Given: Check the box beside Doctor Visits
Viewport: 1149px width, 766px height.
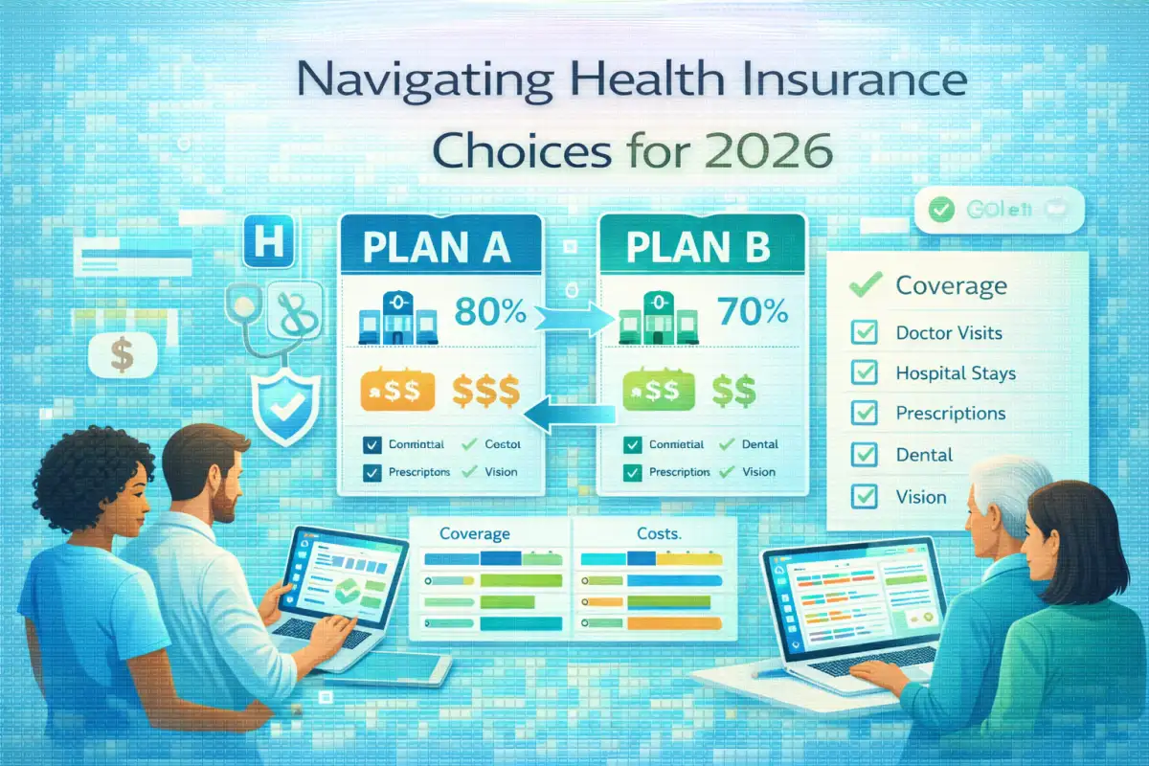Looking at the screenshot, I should click(x=865, y=333).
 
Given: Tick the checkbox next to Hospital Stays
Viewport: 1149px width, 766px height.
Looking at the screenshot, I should click(x=865, y=373).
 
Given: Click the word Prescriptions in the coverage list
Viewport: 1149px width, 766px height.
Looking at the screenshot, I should click(x=950, y=414).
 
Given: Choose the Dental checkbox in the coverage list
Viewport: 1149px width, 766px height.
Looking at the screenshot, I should click(x=865, y=456).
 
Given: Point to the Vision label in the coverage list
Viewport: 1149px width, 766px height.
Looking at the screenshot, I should click(x=920, y=497).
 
